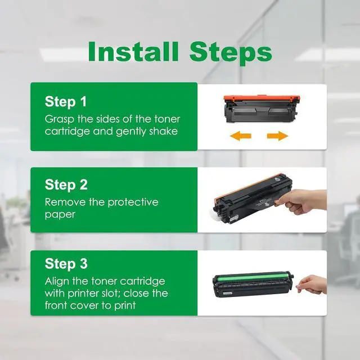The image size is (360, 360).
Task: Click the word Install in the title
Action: point(133,51)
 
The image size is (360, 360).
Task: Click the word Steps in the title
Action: point(231,54)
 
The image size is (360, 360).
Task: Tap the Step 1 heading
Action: point(66,101)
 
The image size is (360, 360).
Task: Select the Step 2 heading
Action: point(66,184)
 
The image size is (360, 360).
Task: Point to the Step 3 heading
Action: point(66,264)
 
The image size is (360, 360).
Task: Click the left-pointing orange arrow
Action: point(241,136)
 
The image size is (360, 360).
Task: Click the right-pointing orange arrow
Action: point(277,136)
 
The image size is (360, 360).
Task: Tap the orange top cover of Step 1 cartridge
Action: point(262,99)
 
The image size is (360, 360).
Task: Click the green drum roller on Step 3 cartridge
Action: point(253,278)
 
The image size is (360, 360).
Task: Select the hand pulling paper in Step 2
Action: point(301,202)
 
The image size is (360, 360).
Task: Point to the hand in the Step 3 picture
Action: point(313,285)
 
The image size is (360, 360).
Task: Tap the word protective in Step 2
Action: point(133,202)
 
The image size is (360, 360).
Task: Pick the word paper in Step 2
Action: point(60,215)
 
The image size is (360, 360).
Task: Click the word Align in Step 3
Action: point(57,281)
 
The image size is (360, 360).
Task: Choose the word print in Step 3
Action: point(125,306)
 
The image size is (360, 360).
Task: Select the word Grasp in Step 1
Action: point(60,119)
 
